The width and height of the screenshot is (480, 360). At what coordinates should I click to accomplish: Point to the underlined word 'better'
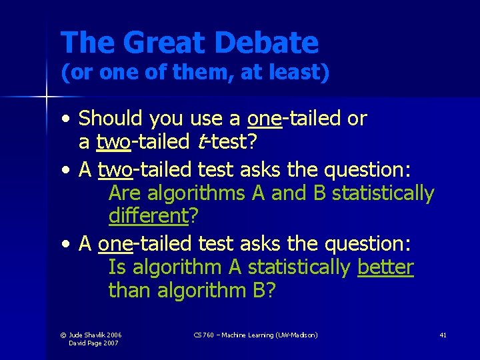[385, 267]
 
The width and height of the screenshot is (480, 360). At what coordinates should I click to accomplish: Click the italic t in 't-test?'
[201, 142]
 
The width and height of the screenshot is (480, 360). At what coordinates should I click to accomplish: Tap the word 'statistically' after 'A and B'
[383, 193]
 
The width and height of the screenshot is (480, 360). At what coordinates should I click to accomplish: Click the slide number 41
[443, 335]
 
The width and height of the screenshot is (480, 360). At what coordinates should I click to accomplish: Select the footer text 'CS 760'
[203, 335]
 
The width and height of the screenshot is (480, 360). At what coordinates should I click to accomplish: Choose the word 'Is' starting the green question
[117, 267]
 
